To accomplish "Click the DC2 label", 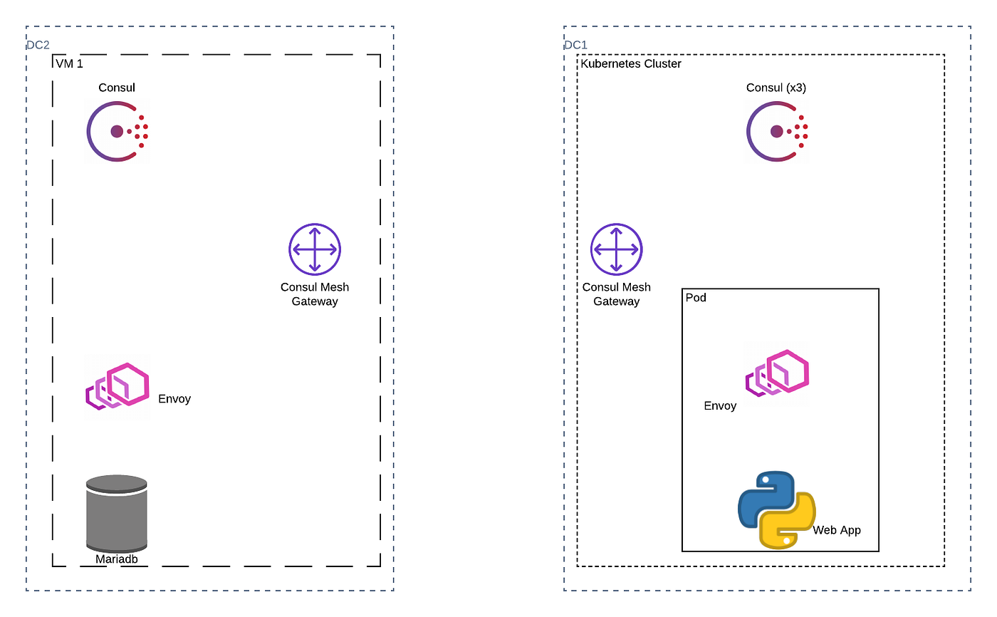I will coord(38,45).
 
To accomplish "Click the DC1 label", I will coord(575,45).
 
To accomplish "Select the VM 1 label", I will coord(69,64).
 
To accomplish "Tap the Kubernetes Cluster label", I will coord(631,64).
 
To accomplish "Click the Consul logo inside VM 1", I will coord(117,132).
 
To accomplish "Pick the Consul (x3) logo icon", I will coord(777,132).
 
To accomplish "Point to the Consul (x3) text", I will coord(776,88).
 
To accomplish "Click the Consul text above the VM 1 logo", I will coord(117,88).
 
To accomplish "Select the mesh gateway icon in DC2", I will coord(315,249).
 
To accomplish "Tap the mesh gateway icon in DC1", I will coord(617,249).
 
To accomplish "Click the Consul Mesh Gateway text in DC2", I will coord(315,294).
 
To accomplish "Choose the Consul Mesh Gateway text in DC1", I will coord(617,294).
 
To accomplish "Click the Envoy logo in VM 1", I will coord(118,386).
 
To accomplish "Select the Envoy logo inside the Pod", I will coord(777,372).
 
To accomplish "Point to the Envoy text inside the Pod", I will coord(720,406).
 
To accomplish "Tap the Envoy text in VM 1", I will coord(174,399).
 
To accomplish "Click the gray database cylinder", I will coord(117,512).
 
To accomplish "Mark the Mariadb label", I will coord(117,559).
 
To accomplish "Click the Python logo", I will coord(776,509).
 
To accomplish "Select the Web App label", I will coord(837,530).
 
